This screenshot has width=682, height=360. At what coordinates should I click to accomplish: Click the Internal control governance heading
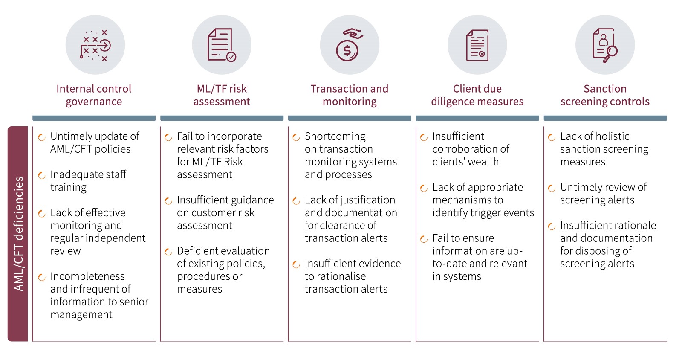point(94,95)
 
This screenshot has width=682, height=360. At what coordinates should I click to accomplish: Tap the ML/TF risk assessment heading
point(222,95)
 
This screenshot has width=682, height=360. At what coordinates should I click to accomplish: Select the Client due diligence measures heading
point(477,95)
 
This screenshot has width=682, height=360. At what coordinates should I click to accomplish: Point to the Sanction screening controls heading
point(605,95)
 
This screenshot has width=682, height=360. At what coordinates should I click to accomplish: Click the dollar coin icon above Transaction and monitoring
point(347,51)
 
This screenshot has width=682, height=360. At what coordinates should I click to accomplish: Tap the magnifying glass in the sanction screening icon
point(612,52)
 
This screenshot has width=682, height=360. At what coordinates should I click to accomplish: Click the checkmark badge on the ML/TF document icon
point(231,57)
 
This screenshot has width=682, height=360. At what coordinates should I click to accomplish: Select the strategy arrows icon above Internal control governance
point(95,45)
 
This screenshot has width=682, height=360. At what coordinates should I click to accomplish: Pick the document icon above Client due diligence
point(477,45)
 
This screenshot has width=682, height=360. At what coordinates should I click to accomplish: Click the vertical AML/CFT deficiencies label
point(18,234)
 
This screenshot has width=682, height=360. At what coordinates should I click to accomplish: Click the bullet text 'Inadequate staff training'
point(88,180)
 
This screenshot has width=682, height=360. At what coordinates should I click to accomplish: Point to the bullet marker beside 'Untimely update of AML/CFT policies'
point(42,137)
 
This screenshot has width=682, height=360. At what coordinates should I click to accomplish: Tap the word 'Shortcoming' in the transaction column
point(335,136)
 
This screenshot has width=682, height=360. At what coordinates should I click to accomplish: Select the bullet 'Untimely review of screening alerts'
point(603,193)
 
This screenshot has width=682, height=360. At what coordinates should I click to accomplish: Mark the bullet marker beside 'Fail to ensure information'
point(424,239)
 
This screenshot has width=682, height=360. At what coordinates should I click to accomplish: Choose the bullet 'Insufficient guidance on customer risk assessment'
point(225,212)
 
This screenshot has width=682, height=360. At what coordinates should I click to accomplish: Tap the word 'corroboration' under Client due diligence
point(471,149)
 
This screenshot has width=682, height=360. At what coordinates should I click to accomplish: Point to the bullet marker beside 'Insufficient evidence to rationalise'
point(296,265)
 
